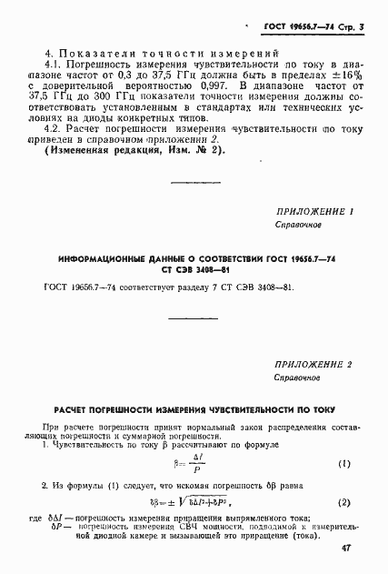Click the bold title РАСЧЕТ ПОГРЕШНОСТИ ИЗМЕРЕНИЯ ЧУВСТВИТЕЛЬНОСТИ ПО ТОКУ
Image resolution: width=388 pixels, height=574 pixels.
[x=194, y=409]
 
